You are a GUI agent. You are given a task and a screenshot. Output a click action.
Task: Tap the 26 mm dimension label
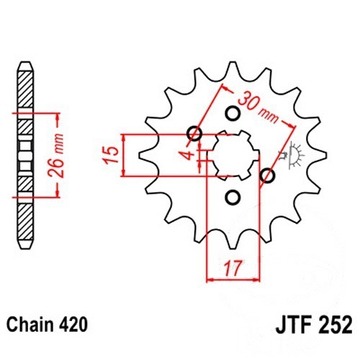pyautogui.click(x=57, y=156)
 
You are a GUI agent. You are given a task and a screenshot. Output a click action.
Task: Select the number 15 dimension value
pyautogui.click(x=111, y=155)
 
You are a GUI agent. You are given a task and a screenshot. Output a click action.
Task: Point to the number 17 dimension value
pyautogui.click(x=233, y=268)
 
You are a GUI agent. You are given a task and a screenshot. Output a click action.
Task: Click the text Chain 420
pyautogui.click(x=47, y=325)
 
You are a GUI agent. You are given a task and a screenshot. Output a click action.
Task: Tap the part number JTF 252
pyautogui.click(x=314, y=325)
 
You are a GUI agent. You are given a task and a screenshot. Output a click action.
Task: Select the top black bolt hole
pyautogui.click(x=233, y=113)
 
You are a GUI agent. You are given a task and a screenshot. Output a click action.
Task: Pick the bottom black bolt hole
pyautogui.click(x=233, y=197)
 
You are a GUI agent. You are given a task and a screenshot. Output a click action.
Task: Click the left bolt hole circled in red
pyautogui.click(x=194, y=133)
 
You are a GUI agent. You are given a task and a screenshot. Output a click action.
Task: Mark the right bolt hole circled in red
pyautogui.click(x=267, y=176)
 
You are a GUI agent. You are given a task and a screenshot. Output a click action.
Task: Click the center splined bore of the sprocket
pyautogui.click(x=233, y=156)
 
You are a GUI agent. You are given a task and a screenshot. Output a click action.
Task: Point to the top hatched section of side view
pyautogui.click(x=25, y=89)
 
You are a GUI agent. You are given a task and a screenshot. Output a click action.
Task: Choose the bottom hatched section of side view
pyautogui.click(x=25, y=221)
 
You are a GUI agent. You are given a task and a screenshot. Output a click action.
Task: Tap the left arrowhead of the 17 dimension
pyautogui.click(x=210, y=279)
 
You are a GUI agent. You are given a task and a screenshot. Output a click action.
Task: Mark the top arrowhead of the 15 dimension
pyautogui.click(x=124, y=138)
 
